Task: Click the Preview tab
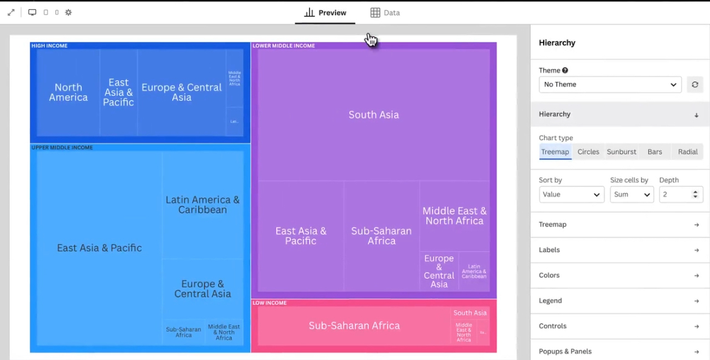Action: coord(325,13)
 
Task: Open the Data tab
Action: coord(385,13)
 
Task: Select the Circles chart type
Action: coord(588,152)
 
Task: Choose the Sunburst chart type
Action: coord(621,152)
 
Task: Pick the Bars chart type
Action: coord(655,152)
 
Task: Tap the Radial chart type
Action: coord(688,152)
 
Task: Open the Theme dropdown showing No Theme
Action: coord(610,84)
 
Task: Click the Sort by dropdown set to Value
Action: coord(571,194)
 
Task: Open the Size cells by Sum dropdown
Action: coord(631,194)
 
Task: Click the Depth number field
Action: coord(675,194)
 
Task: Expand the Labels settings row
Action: coord(619,250)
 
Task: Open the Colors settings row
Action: coord(619,276)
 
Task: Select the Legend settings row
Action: coord(619,301)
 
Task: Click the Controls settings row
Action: coord(619,327)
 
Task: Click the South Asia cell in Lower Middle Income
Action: coord(374,115)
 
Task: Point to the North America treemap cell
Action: coord(68,92)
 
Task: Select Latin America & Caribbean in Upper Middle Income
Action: coord(203,205)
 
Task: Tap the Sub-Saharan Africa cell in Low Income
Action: coord(354,326)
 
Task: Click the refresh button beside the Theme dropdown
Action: coord(695,84)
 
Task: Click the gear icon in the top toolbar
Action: coord(69,12)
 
